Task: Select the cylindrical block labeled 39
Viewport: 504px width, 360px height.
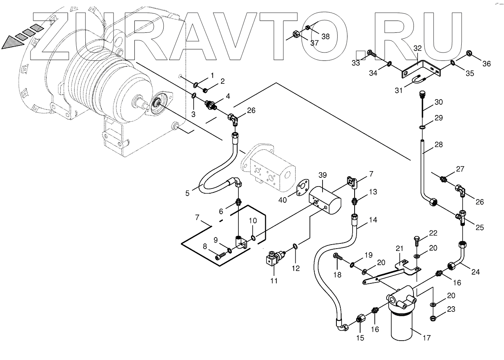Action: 325,200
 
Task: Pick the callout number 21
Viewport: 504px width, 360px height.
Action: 399,248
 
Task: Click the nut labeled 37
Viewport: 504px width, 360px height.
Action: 298,35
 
